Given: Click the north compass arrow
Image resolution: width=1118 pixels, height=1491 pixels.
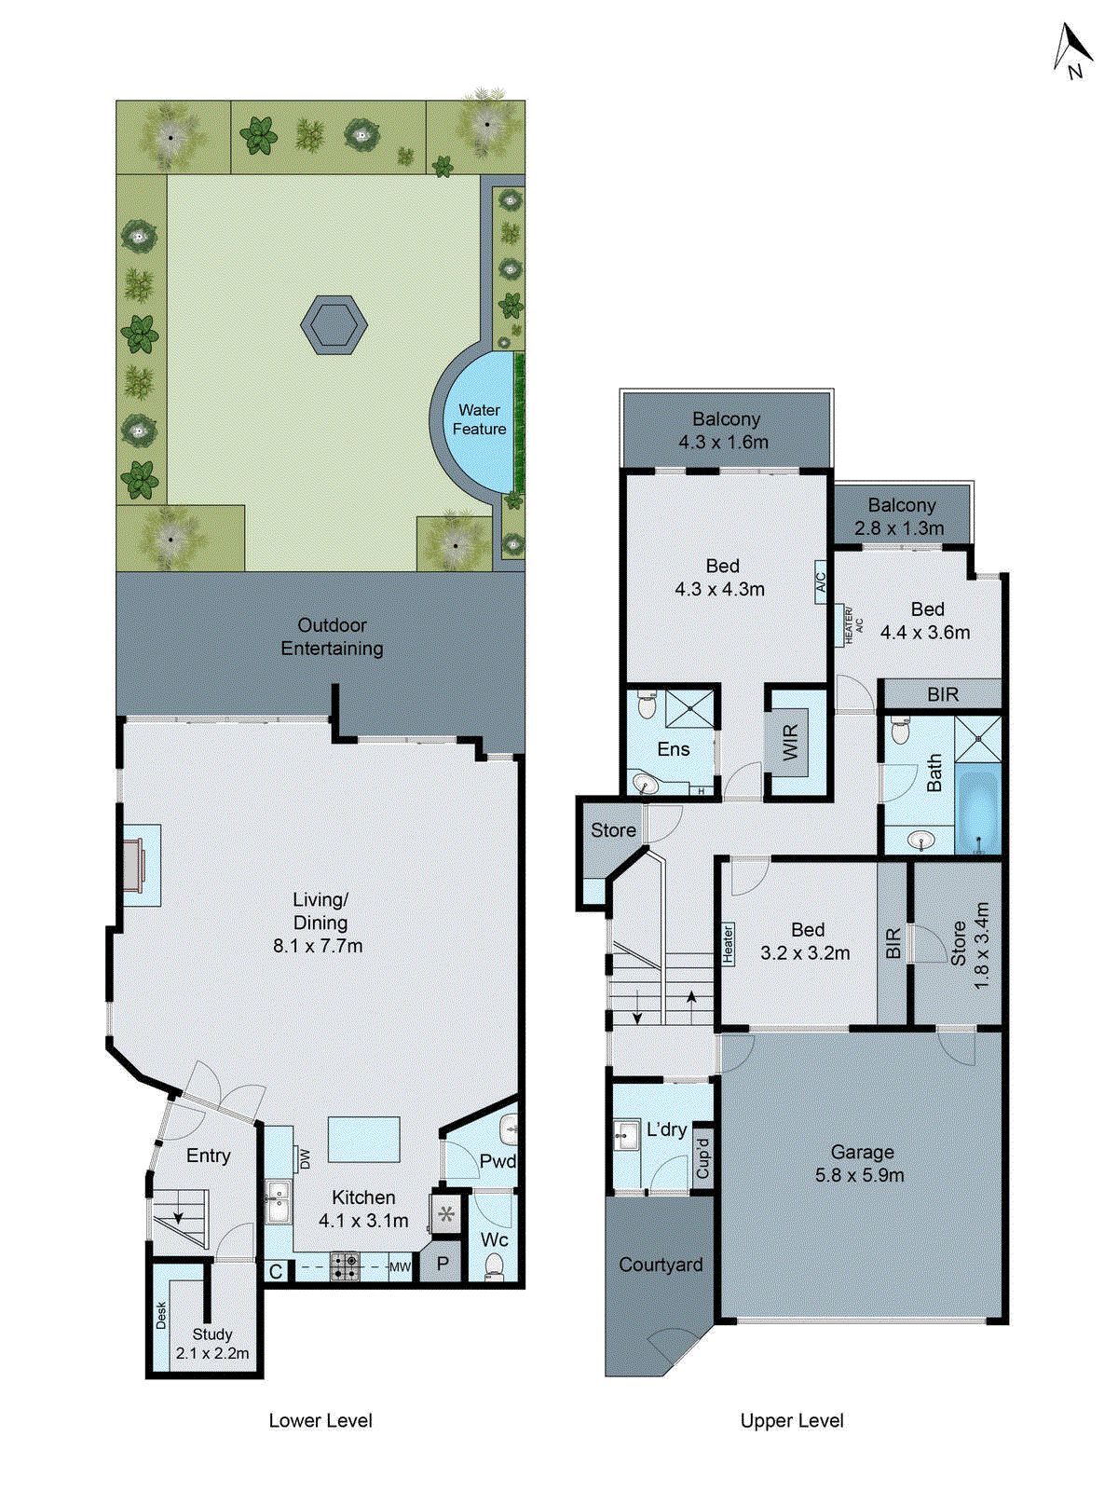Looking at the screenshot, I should tap(1072, 47).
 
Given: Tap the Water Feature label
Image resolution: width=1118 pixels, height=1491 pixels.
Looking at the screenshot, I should tap(479, 419).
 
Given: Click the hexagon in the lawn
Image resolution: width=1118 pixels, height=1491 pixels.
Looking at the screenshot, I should tap(334, 325).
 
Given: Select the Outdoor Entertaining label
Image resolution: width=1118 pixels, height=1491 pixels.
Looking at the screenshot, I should tap(333, 636).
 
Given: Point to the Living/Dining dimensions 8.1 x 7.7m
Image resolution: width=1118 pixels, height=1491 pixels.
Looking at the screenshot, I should tap(318, 946).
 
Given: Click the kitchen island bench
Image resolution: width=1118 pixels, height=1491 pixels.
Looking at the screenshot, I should tap(363, 1140).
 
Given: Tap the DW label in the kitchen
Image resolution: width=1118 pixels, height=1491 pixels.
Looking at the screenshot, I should tap(305, 1158).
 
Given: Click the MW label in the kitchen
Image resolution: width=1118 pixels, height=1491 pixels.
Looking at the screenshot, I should tap(400, 1267).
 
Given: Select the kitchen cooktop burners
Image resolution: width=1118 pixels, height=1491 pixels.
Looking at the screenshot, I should tap(345, 1265).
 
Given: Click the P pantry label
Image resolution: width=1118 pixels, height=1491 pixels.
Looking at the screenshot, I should tap(443, 1265).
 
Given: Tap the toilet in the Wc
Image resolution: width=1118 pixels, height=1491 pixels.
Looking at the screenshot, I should tap(494, 1265).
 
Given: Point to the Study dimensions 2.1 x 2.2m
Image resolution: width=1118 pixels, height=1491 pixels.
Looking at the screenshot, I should tap(212, 1353).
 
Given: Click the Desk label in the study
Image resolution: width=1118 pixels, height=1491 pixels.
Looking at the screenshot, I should tap(161, 1316).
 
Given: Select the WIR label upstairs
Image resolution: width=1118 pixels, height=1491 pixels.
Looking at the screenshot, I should tap(790, 743).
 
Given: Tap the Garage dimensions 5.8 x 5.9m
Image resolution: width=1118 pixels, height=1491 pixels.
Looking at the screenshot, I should tap(859, 1175).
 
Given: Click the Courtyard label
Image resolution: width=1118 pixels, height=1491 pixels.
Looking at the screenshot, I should tap(661, 1265).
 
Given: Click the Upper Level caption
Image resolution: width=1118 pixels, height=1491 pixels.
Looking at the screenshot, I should tap(792, 1421).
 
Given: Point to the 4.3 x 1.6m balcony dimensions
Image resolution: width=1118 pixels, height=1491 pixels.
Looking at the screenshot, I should tap(724, 443).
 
